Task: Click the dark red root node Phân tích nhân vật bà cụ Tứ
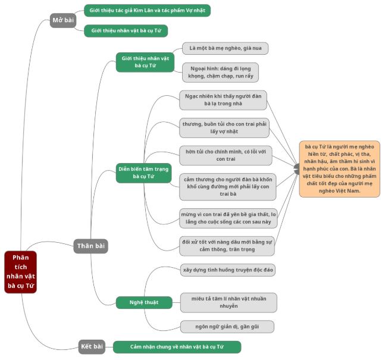tap(20, 272)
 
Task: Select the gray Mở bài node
tap(63, 20)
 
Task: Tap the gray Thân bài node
tap(91, 245)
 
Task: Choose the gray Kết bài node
tap(91, 346)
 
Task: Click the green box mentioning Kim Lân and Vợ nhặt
tap(147, 11)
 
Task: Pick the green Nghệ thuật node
tap(143, 302)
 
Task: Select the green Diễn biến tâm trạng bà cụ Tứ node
tap(143, 173)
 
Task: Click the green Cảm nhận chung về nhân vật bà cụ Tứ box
tap(177, 346)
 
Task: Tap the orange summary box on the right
tap(339, 169)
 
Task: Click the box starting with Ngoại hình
tap(220, 72)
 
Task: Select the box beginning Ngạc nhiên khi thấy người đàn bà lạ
tap(223, 99)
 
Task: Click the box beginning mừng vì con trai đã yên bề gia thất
tap(229, 218)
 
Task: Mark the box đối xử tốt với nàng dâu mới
tap(227, 246)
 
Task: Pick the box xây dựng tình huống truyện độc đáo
tap(228, 270)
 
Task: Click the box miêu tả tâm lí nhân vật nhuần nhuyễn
tap(229, 302)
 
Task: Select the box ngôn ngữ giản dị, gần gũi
tap(227, 327)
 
